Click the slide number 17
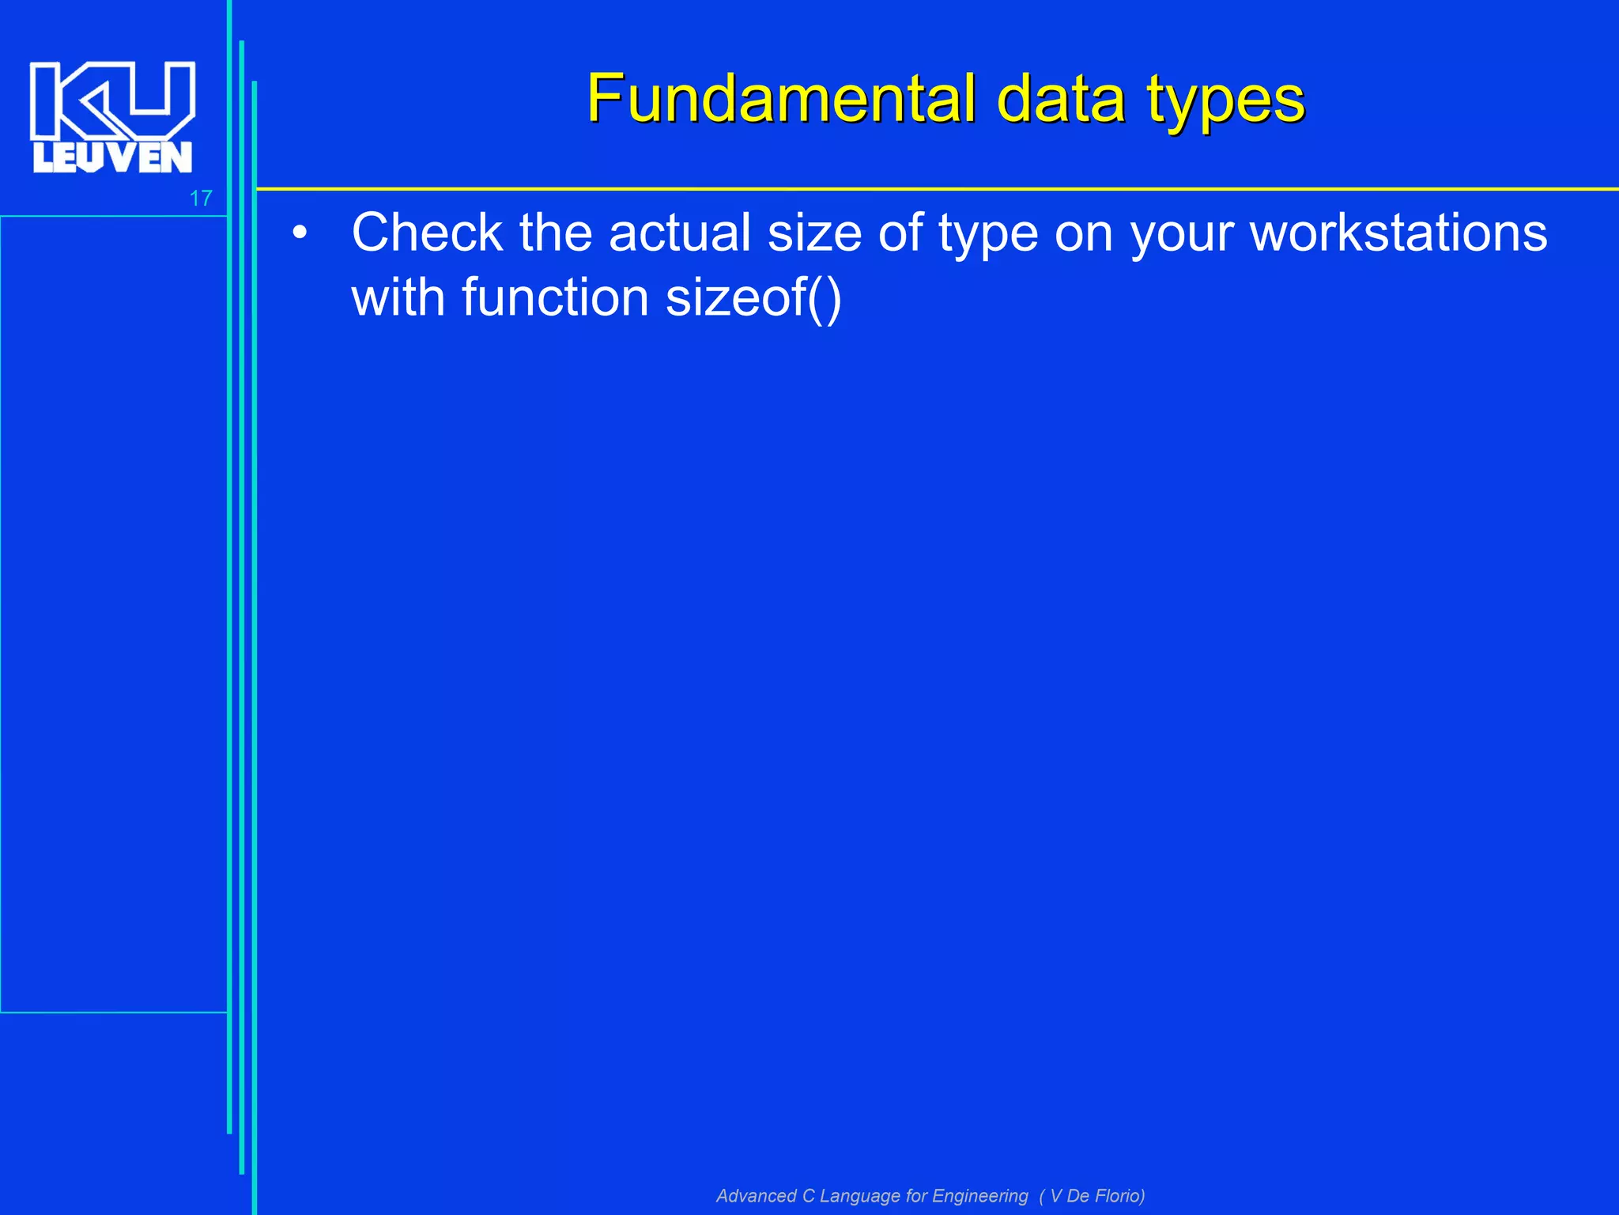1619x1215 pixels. [x=201, y=198]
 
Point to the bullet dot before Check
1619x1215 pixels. [x=299, y=234]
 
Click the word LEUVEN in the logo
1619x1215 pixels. [x=112, y=157]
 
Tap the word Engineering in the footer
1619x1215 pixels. [x=980, y=1195]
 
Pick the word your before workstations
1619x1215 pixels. [x=1181, y=234]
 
